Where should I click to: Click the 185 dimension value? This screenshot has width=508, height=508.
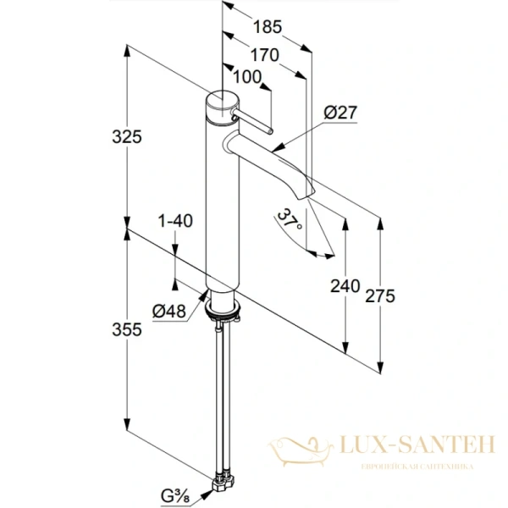pyautogui.click(x=268, y=26)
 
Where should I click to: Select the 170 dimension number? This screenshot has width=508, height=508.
pyautogui.click(x=265, y=55)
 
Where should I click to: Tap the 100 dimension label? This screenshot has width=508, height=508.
pyautogui.click(x=247, y=77)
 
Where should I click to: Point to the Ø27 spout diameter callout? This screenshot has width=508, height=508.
pyautogui.click(x=340, y=113)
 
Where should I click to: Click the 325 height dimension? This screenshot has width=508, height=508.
pyautogui.click(x=127, y=136)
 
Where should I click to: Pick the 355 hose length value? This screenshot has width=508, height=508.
pyautogui.click(x=127, y=329)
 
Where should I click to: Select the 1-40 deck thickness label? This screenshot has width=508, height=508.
pyautogui.click(x=175, y=221)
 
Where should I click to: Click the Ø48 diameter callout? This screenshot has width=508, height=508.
pyautogui.click(x=169, y=312)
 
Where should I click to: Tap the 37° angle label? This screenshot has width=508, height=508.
pyautogui.click(x=290, y=219)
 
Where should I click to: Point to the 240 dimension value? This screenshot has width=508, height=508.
pyautogui.click(x=345, y=286)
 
